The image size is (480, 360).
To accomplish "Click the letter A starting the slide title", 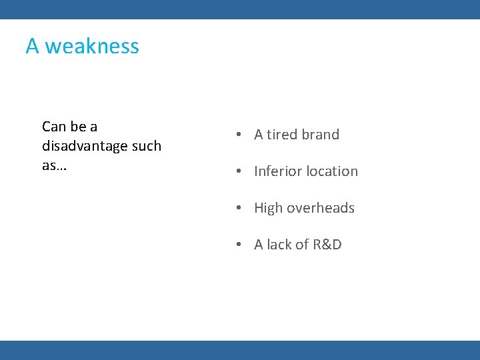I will pyautogui.click(x=32, y=46).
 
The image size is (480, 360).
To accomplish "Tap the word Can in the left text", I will pyautogui.click(x=53, y=127).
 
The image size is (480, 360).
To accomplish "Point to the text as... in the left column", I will pyautogui.click(x=54, y=165).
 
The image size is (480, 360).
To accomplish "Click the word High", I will pyautogui.click(x=269, y=208).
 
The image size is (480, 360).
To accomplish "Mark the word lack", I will pyautogui.click(x=280, y=245).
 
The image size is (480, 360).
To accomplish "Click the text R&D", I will pyautogui.click(x=327, y=245).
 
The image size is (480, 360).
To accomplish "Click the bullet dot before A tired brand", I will pyautogui.click(x=237, y=135).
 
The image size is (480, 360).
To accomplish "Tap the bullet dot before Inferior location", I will pyautogui.click(x=237, y=171).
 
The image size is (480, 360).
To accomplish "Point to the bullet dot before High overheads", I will pyautogui.click(x=237, y=208).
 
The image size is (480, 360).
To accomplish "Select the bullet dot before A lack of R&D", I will pyautogui.click(x=237, y=245).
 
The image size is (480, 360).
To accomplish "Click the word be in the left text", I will pyautogui.click(x=77, y=127).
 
